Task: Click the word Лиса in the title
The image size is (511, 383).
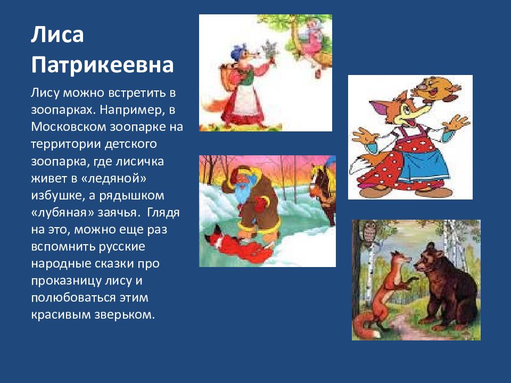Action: click(x=57, y=35)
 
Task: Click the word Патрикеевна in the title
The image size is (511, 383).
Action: click(x=102, y=65)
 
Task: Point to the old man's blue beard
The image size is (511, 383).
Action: click(x=241, y=193)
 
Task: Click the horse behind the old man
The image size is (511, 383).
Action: click(x=323, y=192)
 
